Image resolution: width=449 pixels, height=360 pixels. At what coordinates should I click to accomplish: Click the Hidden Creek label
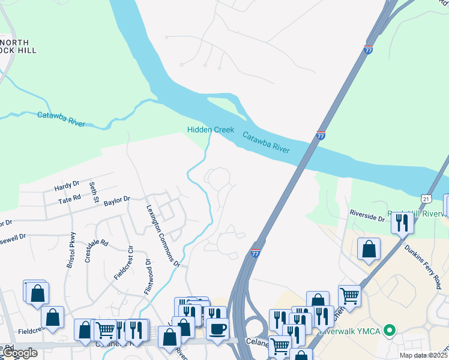[x=210, y=130]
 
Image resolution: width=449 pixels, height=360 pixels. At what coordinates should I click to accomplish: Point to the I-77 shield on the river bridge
[x=321, y=136]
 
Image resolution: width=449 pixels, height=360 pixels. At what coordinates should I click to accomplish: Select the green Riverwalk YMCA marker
[x=389, y=329]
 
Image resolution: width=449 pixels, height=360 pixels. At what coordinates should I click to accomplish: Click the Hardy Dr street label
[x=67, y=184]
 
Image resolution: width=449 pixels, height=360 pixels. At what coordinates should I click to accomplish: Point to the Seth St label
[x=93, y=193]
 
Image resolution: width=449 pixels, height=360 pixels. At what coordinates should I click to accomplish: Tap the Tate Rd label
[x=69, y=198]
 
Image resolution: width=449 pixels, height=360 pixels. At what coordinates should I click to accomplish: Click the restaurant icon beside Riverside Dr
[x=402, y=223]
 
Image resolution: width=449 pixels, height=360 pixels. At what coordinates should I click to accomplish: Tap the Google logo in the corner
[x=20, y=353]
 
